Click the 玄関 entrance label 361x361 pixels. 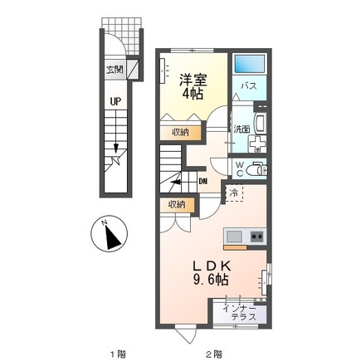coord(115,70)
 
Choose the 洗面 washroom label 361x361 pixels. coord(240,129)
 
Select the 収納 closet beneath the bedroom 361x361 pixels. coord(180,130)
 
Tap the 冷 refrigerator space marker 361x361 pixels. coord(236,193)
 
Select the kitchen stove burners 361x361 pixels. coord(256,237)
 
